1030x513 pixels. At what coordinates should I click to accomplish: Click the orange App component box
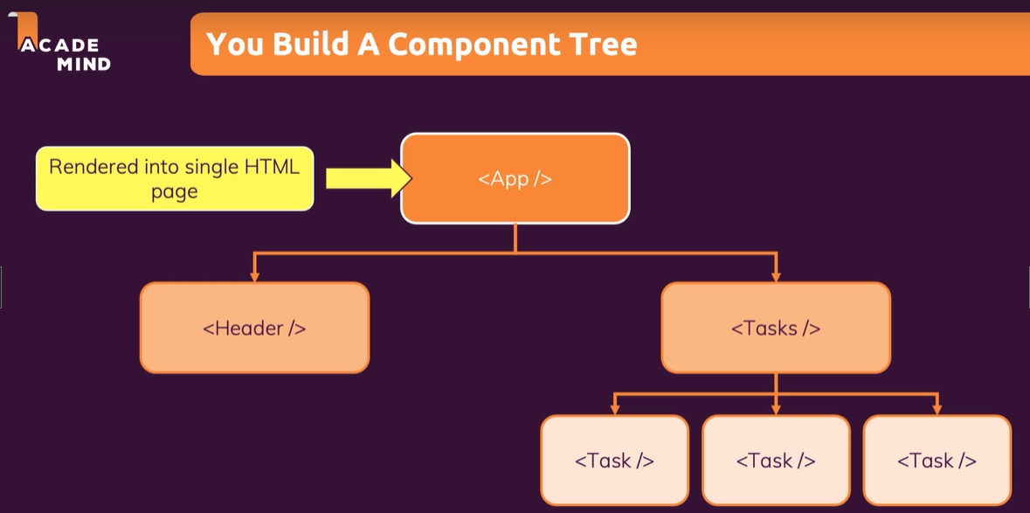[515, 178]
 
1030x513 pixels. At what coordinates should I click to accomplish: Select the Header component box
[255, 328]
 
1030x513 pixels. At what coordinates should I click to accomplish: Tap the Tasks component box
[776, 328]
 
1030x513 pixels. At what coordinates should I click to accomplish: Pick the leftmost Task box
[615, 461]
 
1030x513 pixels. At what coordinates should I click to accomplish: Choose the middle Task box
[776, 461]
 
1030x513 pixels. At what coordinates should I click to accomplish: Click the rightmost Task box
[937, 461]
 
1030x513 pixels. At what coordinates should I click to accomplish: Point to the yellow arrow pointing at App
[369, 178]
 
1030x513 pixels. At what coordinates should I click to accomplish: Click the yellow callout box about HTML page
[175, 178]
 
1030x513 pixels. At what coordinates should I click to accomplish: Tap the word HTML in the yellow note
[272, 167]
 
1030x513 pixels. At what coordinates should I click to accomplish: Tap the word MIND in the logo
[83, 64]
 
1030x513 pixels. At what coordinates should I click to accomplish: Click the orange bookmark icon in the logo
[26, 29]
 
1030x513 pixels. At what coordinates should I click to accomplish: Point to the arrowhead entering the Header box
[255, 276]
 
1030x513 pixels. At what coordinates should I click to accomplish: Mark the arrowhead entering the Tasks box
[776, 276]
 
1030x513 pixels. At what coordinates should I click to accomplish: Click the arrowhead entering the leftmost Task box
[615, 409]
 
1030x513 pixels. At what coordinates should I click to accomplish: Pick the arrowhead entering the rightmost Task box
[937, 409]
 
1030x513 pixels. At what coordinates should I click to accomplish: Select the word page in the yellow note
[174, 192]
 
